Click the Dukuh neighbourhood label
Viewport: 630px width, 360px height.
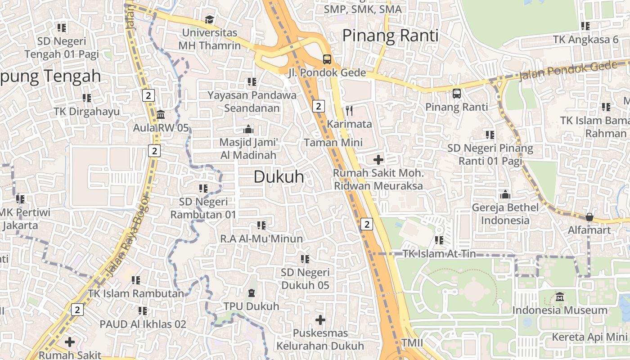279,177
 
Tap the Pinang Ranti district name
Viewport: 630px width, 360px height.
390,36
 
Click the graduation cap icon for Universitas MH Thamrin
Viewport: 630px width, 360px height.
209,19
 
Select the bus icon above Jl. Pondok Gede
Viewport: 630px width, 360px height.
327,59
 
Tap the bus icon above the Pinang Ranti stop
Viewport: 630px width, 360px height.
457,94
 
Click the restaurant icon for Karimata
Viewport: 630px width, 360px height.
349,110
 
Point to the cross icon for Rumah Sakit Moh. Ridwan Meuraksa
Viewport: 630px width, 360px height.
378,159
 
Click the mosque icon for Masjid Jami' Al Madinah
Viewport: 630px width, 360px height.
248,129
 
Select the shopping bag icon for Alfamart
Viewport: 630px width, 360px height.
589,217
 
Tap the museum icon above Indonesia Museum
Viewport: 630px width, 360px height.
560,297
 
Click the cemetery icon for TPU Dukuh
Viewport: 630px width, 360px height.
252,293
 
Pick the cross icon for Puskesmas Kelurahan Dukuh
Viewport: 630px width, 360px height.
320,320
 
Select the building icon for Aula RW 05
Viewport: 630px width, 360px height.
161,114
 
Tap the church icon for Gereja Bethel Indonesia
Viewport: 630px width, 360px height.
505,194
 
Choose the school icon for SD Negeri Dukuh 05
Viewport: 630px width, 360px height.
305,259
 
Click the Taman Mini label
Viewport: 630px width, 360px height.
333,143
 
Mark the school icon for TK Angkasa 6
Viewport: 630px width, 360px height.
585,26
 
